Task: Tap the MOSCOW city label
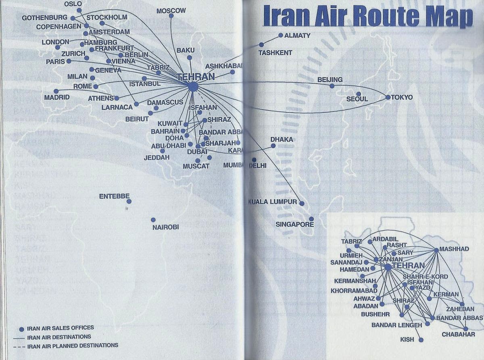(171, 10)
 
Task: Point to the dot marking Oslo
(79, 10)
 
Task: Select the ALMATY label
(297, 35)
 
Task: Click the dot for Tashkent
(261, 45)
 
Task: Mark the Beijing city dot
(332, 86)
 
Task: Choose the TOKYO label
(402, 97)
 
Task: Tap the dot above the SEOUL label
(359, 94)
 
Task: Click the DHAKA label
(282, 139)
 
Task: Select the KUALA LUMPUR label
(273, 202)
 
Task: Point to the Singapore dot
(311, 219)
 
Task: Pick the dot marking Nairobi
(153, 220)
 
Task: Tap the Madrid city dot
(56, 91)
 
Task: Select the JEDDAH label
(157, 157)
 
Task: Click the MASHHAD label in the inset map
(454, 249)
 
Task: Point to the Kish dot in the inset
(421, 340)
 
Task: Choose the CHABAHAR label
(458, 334)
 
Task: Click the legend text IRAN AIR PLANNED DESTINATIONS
(73, 345)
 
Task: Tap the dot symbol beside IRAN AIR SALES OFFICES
(22, 329)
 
